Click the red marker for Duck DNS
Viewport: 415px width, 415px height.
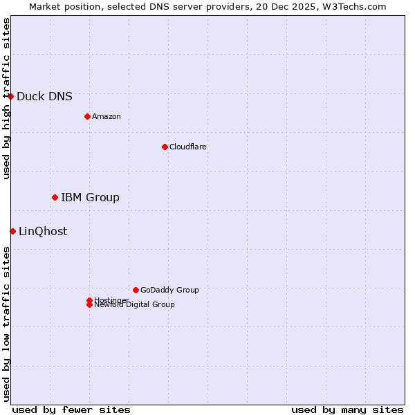pyautogui.click(x=11, y=96)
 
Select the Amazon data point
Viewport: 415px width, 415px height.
pyautogui.click(x=87, y=116)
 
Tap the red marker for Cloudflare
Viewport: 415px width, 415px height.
pyautogui.click(x=165, y=147)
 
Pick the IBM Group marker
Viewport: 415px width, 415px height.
pyautogui.click(x=55, y=198)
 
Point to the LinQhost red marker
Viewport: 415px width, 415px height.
pyautogui.click(x=12, y=231)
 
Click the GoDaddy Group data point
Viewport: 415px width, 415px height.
pyautogui.click(x=136, y=290)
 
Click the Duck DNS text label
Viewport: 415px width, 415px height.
pyautogui.click(x=44, y=97)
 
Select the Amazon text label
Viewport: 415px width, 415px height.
pyautogui.click(x=107, y=116)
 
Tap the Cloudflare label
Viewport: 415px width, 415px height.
pyautogui.click(x=187, y=147)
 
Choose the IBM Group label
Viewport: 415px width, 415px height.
pyautogui.click(x=90, y=198)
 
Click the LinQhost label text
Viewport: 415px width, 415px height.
pyautogui.click(x=43, y=232)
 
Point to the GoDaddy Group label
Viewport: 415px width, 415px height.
pyautogui.click(x=169, y=290)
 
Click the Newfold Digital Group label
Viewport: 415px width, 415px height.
pyautogui.click(x=134, y=305)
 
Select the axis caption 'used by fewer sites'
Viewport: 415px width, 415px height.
pyautogui.click(x=71, y=409)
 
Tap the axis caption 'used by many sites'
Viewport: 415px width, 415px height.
pyautogui.click(x=347, y=409)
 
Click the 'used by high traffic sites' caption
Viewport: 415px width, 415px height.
pyautogui.click(x=6, y=98)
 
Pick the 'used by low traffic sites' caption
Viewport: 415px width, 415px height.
pyautogui.click(x=6, y=323)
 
